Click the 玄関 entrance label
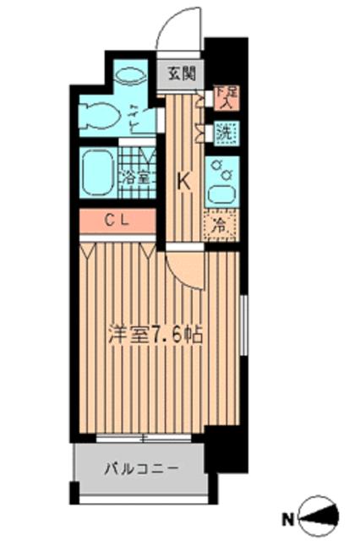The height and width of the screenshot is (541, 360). pyautogui.click(x=180, y=74)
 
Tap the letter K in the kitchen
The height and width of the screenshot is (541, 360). pyautogui.click(x=183, y=180)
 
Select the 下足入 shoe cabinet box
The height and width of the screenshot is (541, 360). pyautogui.click(x=225, y=97)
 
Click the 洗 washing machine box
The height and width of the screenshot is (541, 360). pyautogui.click(x=224, y=132)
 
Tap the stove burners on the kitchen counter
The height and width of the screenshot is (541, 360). pyautogui.click(x=221, y=167)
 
